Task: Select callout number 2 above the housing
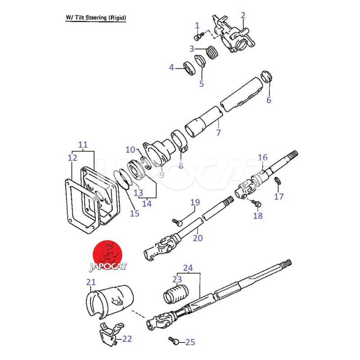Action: [x=243, y=16]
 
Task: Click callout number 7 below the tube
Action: [x=219, y=133]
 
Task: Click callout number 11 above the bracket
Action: [x=83, y=145]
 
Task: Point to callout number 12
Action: [x=72, y=157]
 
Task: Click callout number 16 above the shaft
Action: [x=263, y=157]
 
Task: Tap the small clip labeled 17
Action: [x=278, y=181]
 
